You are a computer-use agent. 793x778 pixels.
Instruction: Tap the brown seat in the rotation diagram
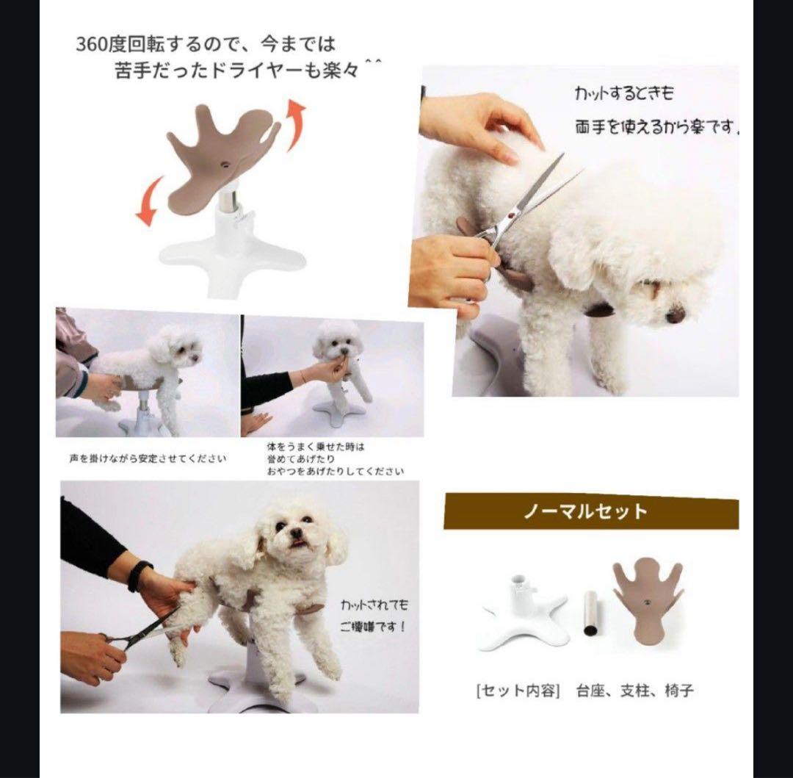(x=220, y=159)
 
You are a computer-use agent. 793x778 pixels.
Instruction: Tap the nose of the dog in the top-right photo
(x=676, y=316)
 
